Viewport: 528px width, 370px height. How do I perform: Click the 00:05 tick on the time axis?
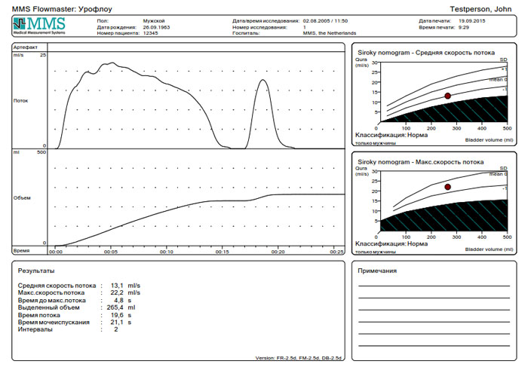111,252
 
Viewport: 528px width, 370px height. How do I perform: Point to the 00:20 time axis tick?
278,252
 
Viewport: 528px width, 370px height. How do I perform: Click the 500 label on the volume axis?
42,153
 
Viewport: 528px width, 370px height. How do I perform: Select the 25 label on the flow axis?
44,55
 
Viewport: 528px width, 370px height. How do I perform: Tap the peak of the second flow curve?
263,80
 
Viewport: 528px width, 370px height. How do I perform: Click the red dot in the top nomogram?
447,96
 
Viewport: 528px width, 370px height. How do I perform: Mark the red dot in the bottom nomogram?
447,187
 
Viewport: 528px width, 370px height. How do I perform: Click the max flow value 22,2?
115,292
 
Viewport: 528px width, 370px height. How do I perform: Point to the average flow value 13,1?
115,286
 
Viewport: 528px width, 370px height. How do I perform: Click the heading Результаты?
36,270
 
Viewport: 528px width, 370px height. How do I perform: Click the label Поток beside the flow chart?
20,100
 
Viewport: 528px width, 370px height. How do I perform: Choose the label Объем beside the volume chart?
21,197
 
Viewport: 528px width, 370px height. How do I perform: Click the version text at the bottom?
299,358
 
